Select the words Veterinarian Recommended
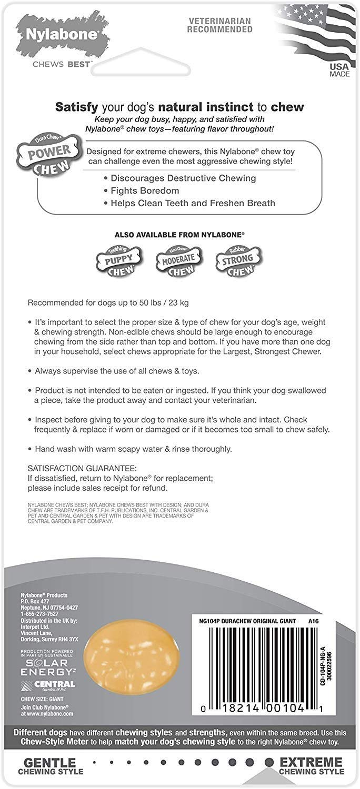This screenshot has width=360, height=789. click(x=219, y=25)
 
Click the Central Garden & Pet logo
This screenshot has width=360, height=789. click(x=48, y=685)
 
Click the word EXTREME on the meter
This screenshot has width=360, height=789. click(x=311, y=762)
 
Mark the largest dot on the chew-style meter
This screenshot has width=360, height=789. click(x=269, y=762)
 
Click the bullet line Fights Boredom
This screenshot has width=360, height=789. click(x=145, y=190)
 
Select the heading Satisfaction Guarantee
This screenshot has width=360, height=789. click(x=82, y=468)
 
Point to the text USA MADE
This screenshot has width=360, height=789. click(x=339, y=70)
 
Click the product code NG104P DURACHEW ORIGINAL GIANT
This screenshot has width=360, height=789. click(x=247, y=621)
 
